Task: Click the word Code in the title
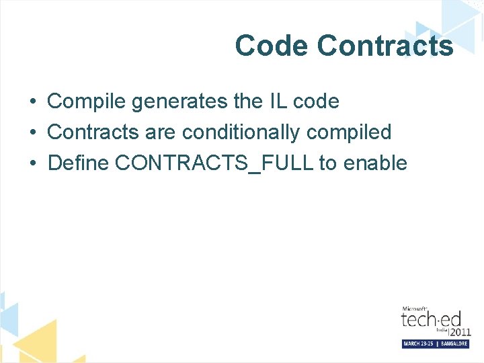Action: (272, 46)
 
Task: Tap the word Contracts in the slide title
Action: (385, 46)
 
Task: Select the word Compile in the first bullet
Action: (87, 102)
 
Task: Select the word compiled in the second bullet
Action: (349, 132)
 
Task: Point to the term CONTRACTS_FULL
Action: (214, 164)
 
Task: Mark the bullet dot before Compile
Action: (32, 102)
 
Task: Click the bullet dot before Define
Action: (32, 164)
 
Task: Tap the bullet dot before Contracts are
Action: (32, 133)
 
